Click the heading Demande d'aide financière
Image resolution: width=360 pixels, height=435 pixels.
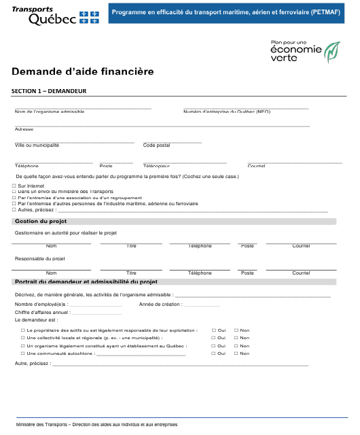coord(82,71)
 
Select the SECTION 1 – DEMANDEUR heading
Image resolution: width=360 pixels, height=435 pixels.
coord(48,91)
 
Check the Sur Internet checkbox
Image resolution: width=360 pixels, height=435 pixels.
coord(14,186)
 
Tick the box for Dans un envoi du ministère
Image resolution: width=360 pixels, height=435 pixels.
coord(14,192)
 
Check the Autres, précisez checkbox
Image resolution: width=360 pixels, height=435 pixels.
coord(14,209)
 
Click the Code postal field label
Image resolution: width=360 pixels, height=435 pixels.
coord(156,145)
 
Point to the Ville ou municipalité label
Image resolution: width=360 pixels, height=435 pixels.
coord(37,145)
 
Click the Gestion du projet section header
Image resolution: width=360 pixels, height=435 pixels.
coord(40,222)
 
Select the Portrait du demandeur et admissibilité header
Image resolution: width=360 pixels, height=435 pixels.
coord(86,281)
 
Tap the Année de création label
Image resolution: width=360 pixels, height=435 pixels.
coord(161,304)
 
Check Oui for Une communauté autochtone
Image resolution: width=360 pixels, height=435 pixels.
coord(214,353)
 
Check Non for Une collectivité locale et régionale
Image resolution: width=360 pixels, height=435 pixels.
coord(236,338)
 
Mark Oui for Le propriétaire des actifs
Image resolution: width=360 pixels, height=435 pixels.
coord(214,330)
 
